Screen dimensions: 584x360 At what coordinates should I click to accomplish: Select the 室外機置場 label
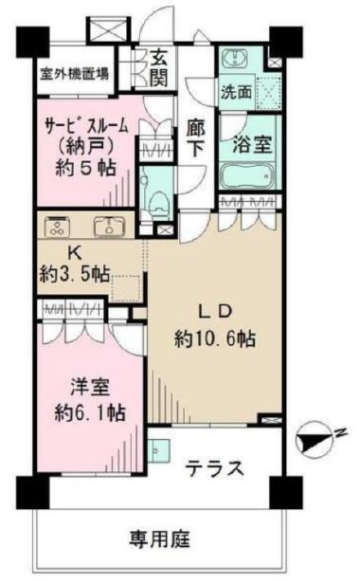(x=60, y=73)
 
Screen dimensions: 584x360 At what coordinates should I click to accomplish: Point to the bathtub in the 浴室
(x=243, y=177)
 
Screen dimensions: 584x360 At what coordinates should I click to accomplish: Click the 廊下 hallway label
(x=195, y=136)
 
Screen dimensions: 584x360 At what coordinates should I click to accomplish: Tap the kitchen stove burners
(x=57, y=227)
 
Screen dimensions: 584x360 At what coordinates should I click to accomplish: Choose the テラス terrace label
(x=214, y=468)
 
